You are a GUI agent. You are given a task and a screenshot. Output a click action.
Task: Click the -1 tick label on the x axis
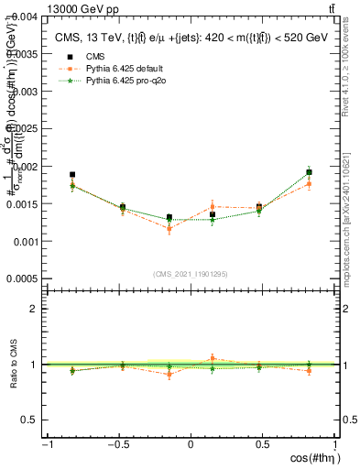coord(46,446)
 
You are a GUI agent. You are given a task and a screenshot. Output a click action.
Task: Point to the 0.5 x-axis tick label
coord(262,446)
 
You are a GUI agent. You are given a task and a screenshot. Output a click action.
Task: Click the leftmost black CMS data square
coord(72,174)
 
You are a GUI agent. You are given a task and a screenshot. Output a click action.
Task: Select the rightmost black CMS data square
coord(309,172)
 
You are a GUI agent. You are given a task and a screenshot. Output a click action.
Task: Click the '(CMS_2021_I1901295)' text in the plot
coord(191,273)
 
